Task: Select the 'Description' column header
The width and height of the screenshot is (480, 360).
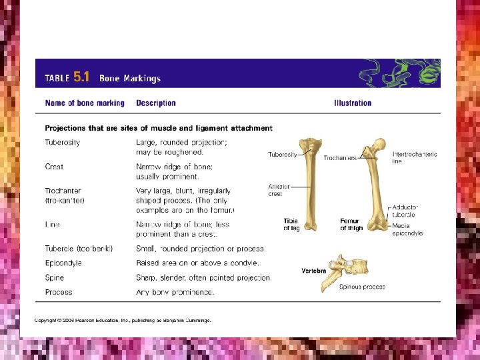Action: (x=155, y=103)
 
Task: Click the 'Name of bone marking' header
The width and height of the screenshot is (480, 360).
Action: (x=85, y=103)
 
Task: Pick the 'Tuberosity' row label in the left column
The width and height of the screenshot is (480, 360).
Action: (x=62, y=142)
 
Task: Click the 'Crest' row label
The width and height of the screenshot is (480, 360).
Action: (x=54, y=167)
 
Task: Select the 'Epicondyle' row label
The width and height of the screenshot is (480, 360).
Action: (x=63, y=263)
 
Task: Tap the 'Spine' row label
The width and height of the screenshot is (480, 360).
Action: (x=54, y=277)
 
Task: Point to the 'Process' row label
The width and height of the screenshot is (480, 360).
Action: (x=59, y=292)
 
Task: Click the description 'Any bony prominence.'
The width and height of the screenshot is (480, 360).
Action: (x=175, y=292)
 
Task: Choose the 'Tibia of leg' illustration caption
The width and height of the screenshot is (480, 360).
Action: (x=291, y=224)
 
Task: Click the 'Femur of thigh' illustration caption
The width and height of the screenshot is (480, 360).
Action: (x=351, y=224)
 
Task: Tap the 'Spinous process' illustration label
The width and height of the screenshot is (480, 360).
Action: (x=362, y=287)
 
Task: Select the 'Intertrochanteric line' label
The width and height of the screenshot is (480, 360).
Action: (x=415, y=157)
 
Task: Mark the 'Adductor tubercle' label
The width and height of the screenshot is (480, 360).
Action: (x=404, y=211)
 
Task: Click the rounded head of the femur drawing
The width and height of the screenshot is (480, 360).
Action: (x=379, y=143)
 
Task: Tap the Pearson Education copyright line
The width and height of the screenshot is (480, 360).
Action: (x=123, y=320)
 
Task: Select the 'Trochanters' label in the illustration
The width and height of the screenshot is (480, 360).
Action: (x=340, y=157)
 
